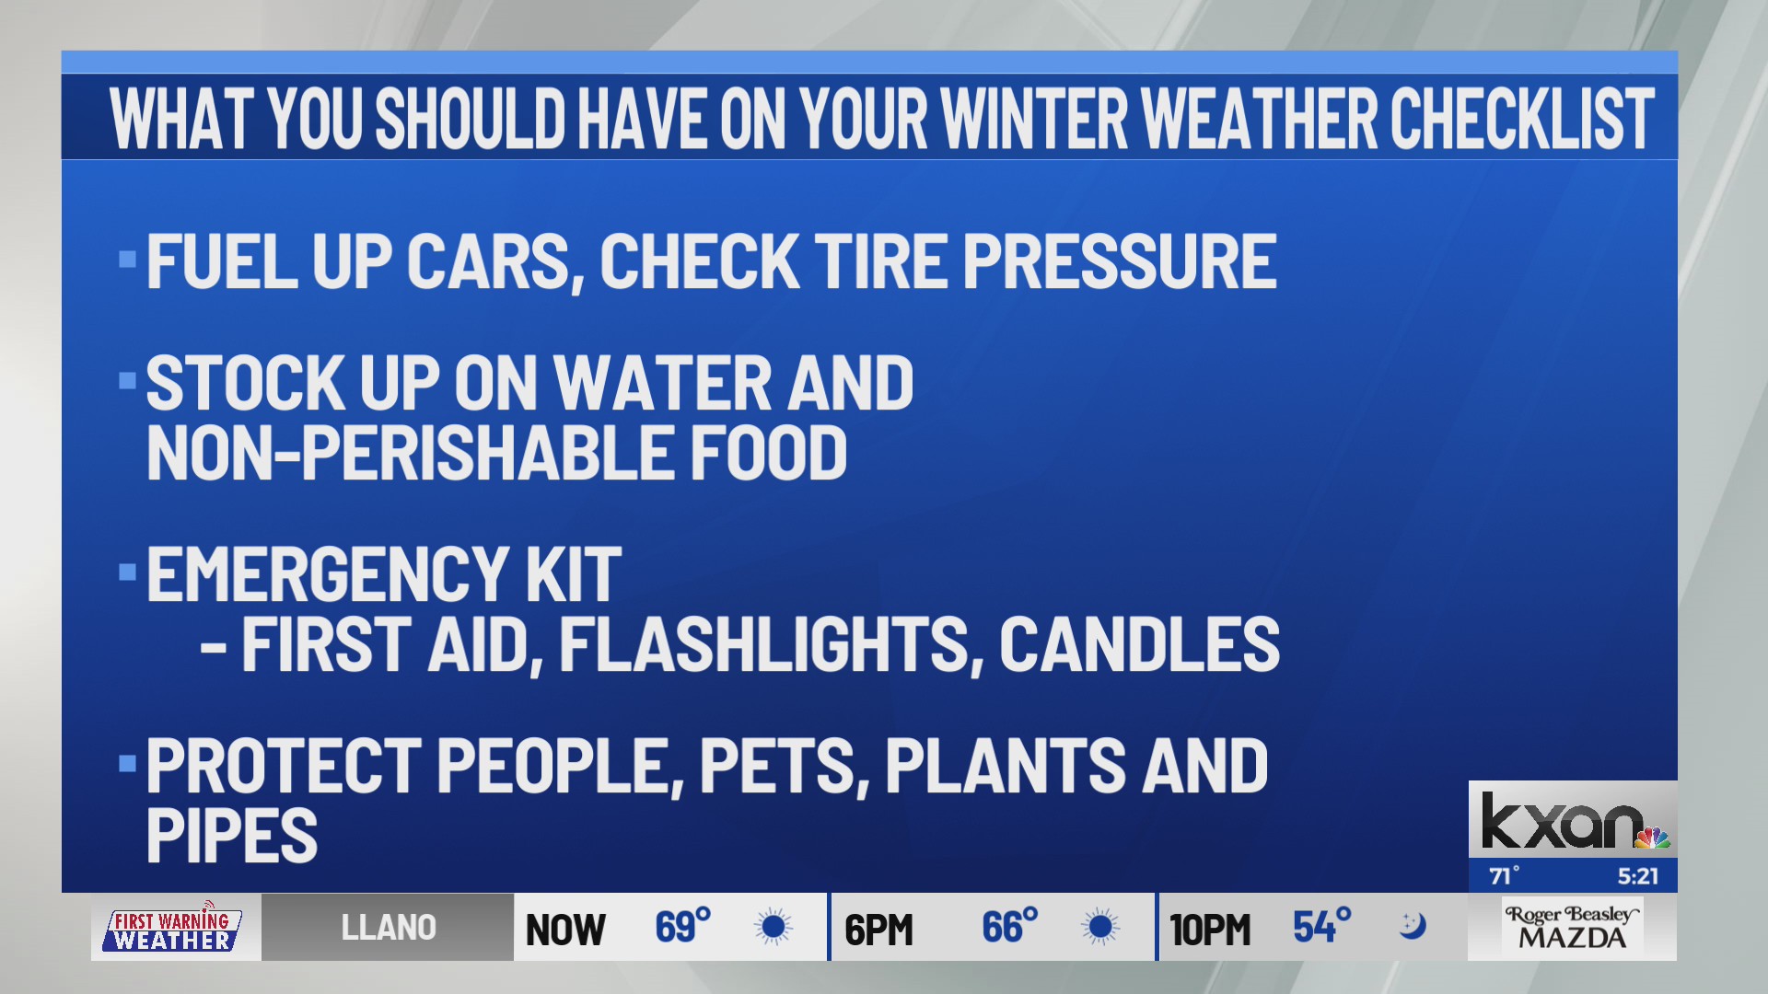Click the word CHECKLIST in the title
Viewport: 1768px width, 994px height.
pyautogui.click(x=1522, y=119)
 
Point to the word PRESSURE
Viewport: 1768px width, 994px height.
pyautogui.click(x=1120, y=261)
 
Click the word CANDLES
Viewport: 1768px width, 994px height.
pyautogui.click(x=1140, y=643)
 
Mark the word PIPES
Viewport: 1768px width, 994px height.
pyautogui.click(x=232, y=836)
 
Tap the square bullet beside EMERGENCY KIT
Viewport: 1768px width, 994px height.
pyautogui.click(x=127, y=573)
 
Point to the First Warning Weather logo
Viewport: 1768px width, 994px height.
pyautogui.click(x=172, y=929)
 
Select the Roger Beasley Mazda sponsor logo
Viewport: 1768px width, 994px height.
pyautogui.click(x=1572, y=928)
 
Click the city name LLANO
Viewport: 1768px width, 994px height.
pyautogui.click(x=389, y=928)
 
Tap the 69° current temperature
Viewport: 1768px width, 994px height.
pyautogui.click(x=682, y=927)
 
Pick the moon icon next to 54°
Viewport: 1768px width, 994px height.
pyautogui.click(x=1412, y=925)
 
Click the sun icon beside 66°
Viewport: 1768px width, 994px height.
pyautogui.click(x=1099, y=927)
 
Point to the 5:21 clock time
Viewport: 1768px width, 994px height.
pyautogui.click(x=1637, y=876)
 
